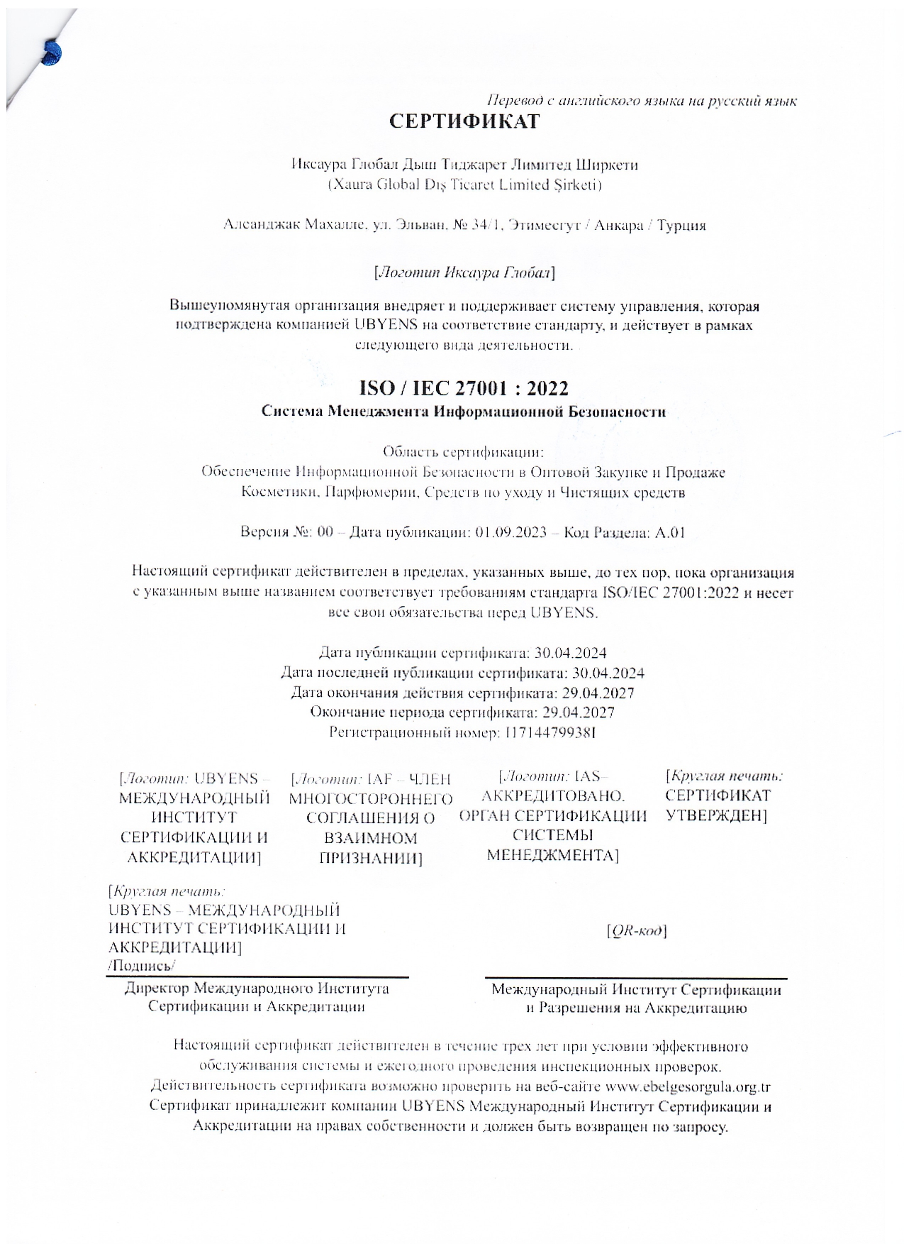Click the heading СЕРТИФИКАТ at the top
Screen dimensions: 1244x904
tap(464, 121)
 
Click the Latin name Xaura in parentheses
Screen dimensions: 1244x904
tap(350, 185)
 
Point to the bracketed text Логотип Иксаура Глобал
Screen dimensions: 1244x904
tap(464, 273)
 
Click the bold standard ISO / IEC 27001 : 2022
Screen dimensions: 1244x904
tap(464, 388)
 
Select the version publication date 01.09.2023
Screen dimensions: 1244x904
tap(510, 532)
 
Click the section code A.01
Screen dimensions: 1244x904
tap(669, 532)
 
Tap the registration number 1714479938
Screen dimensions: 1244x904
tap(549, 732)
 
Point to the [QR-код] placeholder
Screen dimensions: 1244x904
tap(637, 930)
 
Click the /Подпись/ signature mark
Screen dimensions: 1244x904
tap(141, 966)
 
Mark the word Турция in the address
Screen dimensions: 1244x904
tap(681, 226)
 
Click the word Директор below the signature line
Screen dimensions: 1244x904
tap(157, 988)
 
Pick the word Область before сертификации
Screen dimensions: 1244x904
tap(410, 452)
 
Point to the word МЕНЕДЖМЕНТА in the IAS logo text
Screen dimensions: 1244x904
tap(552, 855)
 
